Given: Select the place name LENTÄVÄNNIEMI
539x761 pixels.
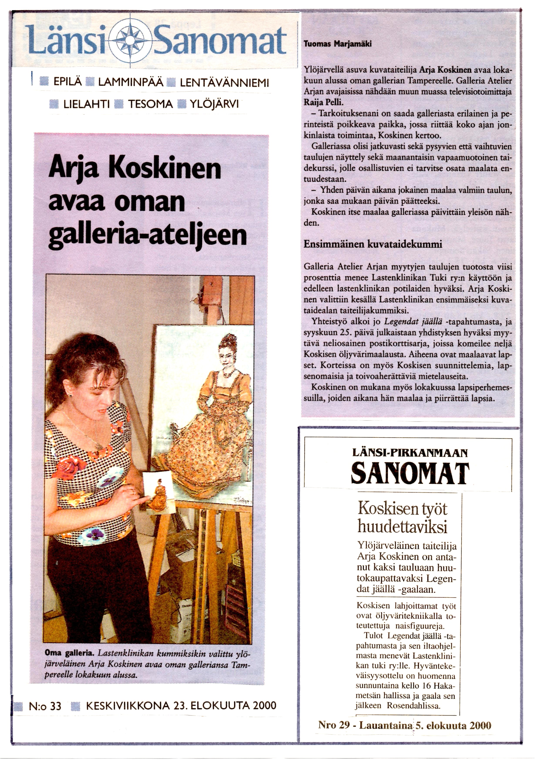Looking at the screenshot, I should click(224, 83).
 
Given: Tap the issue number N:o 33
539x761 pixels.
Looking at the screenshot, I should click(45, 706).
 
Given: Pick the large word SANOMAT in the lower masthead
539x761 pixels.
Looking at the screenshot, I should click(410, 474).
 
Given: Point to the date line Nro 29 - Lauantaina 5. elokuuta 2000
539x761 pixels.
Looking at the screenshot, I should click(405, 726).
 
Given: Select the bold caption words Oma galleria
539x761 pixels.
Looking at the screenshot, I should click(70, 653).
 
